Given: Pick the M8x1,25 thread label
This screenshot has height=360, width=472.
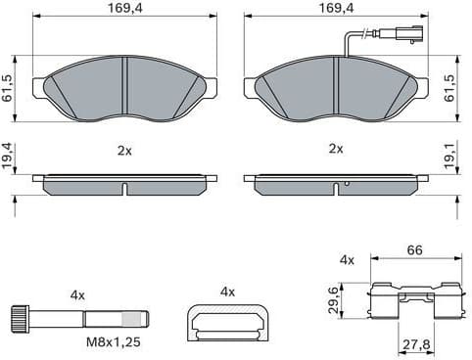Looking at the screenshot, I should click(114, 344).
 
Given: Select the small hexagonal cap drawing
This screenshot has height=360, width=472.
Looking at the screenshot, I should click(228, 320).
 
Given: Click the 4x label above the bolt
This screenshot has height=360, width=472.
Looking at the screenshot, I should click(78, 294).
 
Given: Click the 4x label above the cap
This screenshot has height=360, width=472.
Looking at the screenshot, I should click(228, 292).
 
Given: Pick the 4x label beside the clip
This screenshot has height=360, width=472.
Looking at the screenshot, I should click(346, 260).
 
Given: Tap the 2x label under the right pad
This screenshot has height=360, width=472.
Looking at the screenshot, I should click(336, 149).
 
